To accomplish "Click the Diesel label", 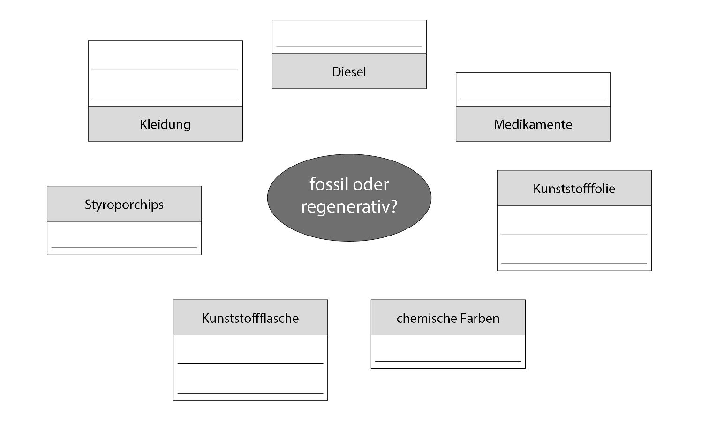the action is point(349,72).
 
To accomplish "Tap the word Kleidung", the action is point(165,124).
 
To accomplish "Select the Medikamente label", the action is point(533,124).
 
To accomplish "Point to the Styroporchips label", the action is point(124,205).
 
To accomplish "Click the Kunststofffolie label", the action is point(574,189).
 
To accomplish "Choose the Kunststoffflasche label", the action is point(250,318).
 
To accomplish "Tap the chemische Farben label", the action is point(448,318).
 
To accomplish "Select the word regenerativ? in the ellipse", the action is point(349,207).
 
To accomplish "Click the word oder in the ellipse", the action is point(370,184).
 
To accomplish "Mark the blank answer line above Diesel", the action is point(349,46).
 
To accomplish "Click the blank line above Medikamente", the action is point(533,99).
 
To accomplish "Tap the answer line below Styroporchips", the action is point(124,248).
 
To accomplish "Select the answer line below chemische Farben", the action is point(448,361).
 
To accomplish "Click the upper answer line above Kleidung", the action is point(165,69).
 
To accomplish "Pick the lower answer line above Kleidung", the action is point(165,99).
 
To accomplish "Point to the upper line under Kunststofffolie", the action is point(574,234).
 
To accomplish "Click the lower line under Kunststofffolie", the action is point(574,264).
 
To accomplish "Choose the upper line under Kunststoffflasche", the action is point(250,363).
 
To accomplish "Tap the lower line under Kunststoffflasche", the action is point(250,393).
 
